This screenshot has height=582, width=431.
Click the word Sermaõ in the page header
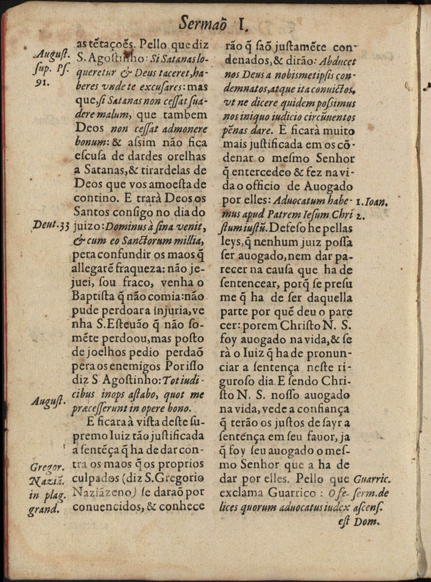(206, 24)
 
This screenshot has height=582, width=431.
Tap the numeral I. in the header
(243, 24)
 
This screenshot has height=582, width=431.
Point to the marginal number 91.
(41, 82)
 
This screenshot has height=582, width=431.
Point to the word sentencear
(247, 285)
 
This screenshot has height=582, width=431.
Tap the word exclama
(242, 494)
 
